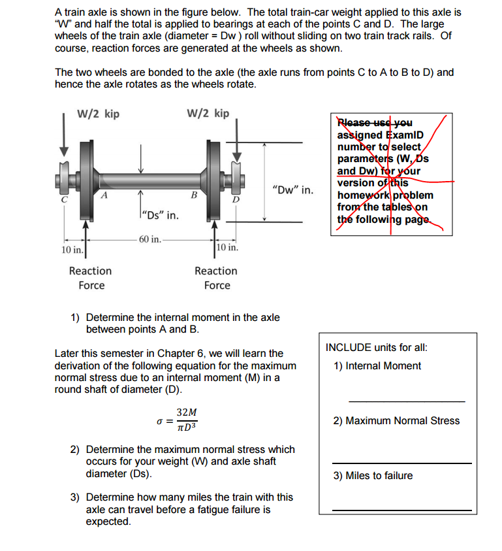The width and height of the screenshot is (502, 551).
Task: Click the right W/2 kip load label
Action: (x=208, y=113)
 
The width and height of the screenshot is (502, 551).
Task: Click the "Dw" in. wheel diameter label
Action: (x=291, y=191)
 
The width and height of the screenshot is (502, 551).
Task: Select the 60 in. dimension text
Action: (x=150, y=239)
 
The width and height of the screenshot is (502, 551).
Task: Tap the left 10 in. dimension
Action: (x=72, y=250)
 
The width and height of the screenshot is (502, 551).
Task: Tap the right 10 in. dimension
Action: (x=228, y=248)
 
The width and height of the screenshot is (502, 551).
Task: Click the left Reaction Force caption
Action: (x=91, y=278)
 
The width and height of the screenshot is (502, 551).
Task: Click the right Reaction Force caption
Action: (x=216, y=278)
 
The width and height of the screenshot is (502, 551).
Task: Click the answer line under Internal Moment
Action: (x=406, y=401)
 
